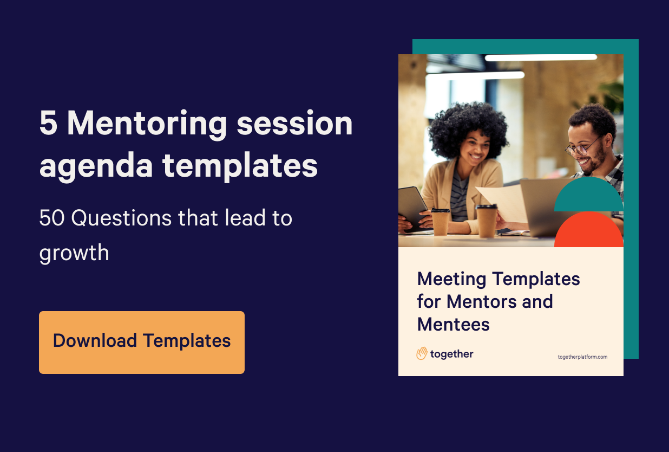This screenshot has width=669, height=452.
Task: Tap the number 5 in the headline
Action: [x=48, y=124]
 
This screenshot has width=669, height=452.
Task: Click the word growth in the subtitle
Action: [x=74, y=253]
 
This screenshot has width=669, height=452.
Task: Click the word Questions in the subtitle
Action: [x=123, y=218]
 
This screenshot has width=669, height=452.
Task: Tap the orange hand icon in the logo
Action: [x=422, y=354]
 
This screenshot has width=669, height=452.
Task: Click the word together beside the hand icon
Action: [x=451, y=354]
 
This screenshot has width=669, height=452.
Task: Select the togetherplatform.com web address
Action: [x=582, y=357]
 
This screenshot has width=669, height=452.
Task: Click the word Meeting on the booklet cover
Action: [x=451, y=280]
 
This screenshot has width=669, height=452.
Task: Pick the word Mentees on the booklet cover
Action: [x=453, y=324]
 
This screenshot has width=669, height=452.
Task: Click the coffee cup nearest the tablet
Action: [x=440, y=221]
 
